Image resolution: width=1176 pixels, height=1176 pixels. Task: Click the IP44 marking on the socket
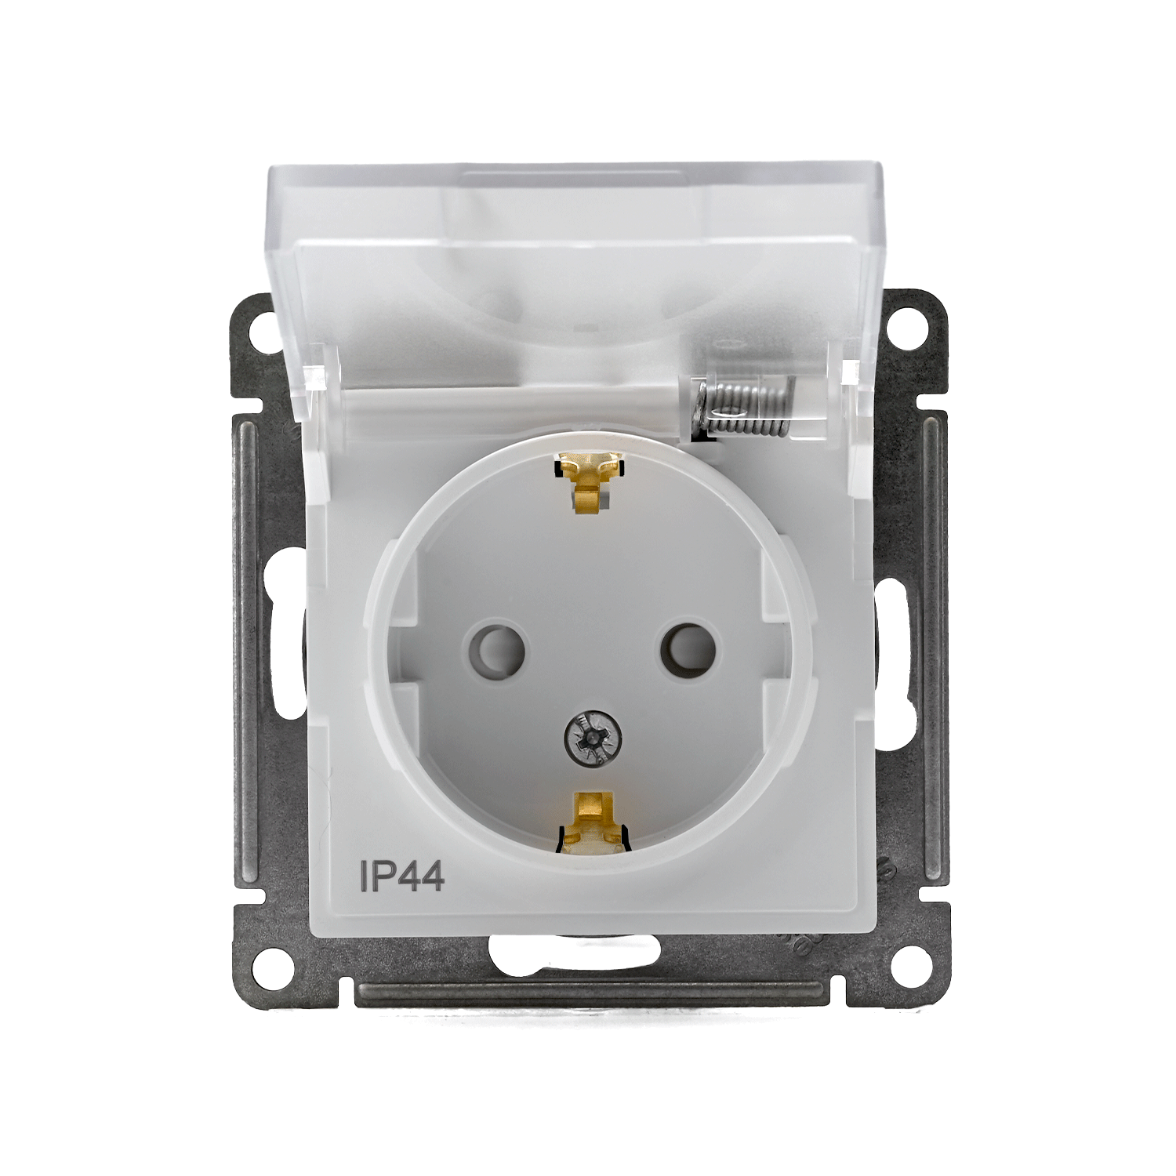pos(402,876)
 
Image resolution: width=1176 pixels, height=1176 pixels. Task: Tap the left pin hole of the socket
pos(495,648)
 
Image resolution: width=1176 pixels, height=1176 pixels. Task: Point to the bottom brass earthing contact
pos(592,822)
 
